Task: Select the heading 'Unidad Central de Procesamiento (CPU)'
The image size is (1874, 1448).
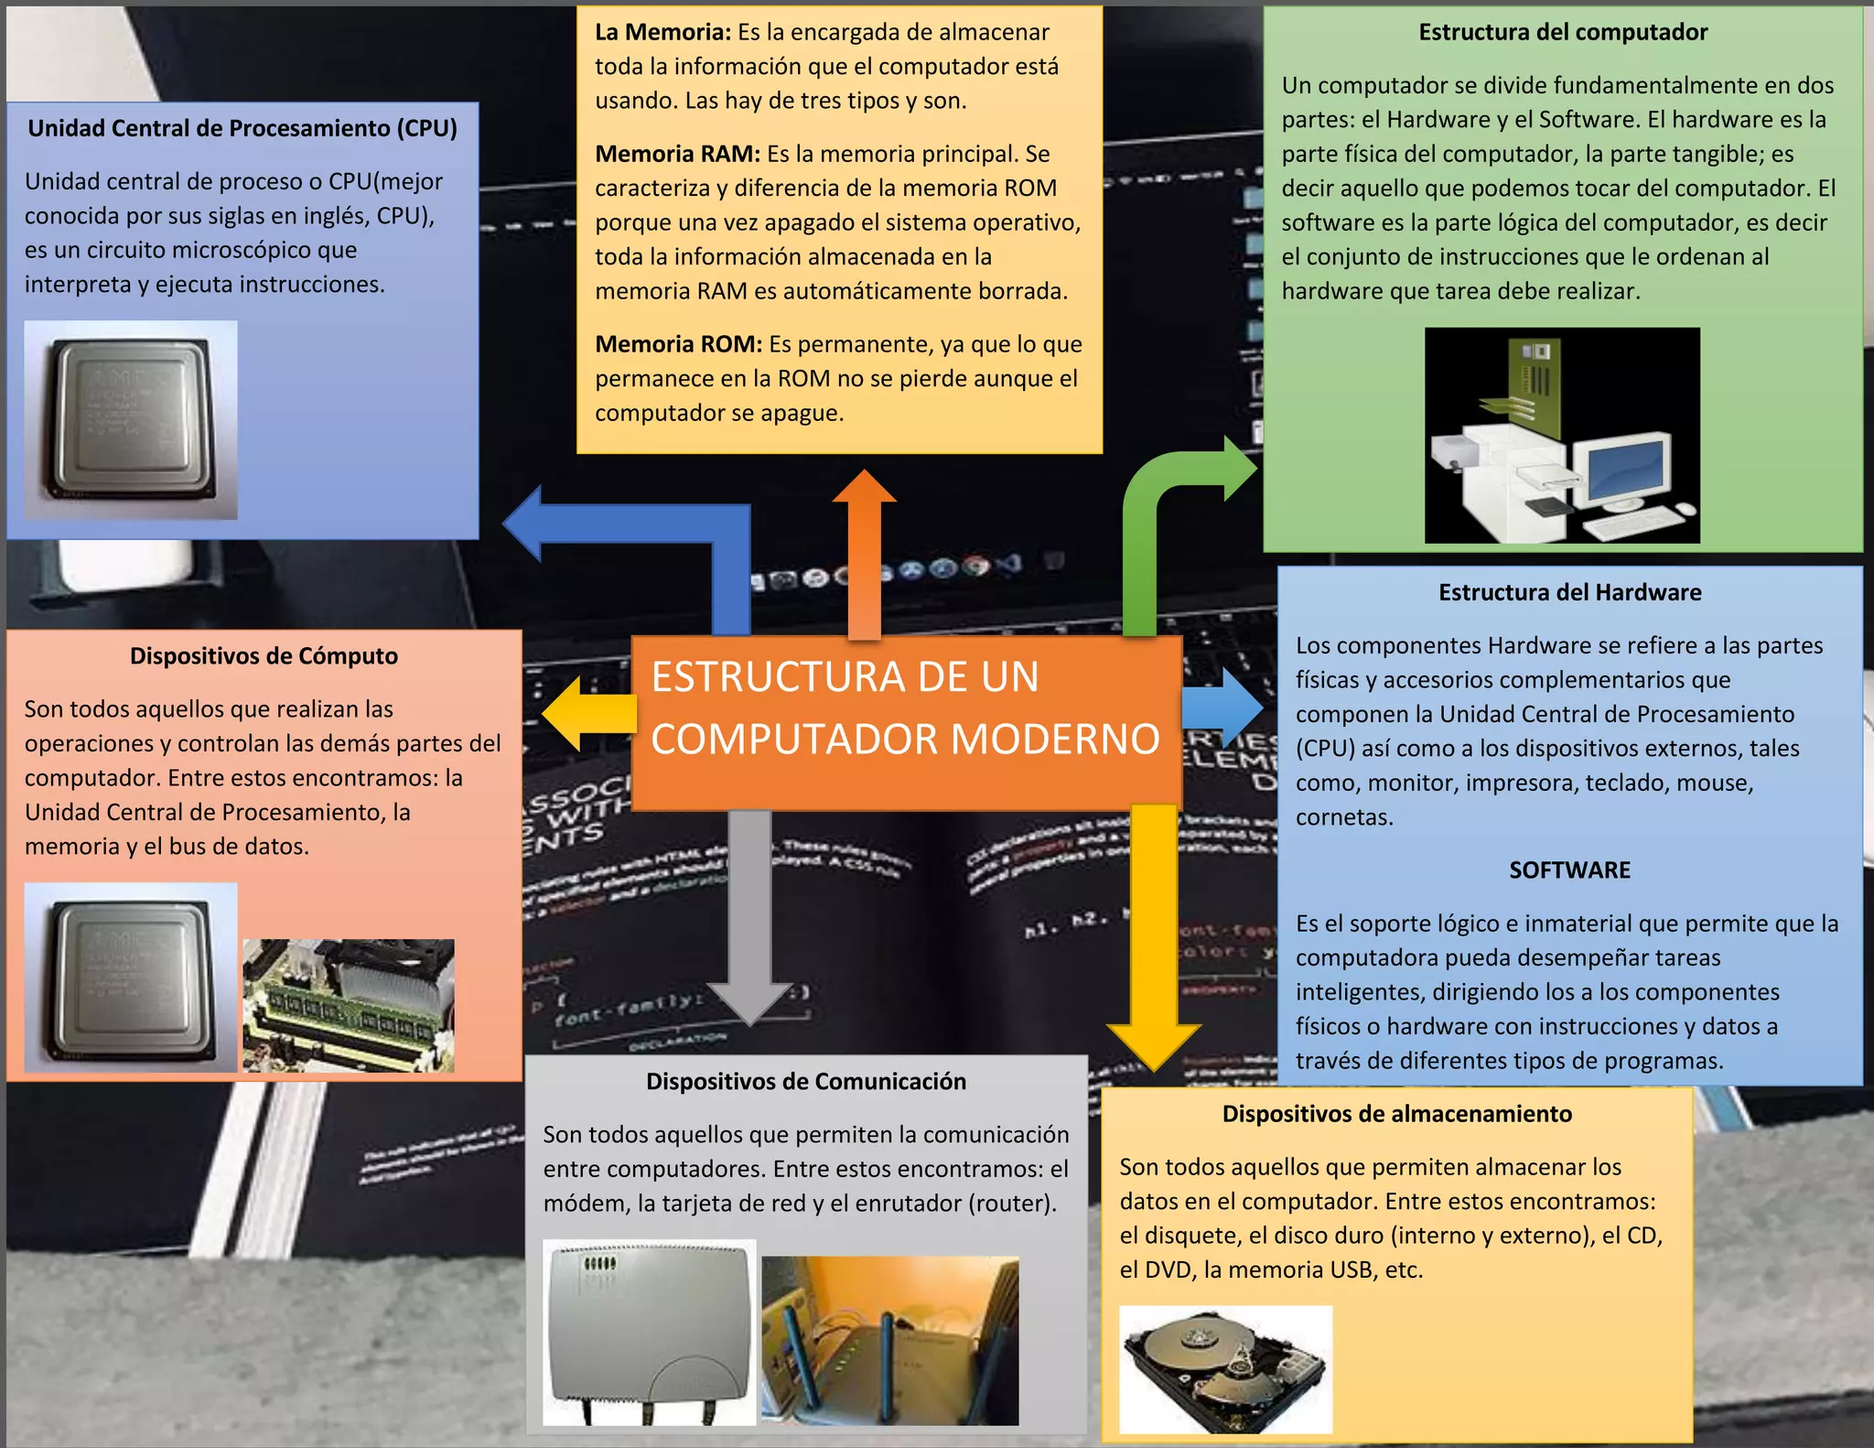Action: tap(242, 128)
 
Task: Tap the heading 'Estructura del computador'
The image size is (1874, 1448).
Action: tap(1563, 32)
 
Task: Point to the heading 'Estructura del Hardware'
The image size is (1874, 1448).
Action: tap(1569, 592)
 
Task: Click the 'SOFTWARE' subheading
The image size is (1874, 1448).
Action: tap(1569, 870)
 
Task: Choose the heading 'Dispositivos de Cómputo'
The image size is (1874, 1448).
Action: tap(264, 655)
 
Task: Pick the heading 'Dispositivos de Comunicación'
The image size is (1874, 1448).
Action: tap(805, 1081)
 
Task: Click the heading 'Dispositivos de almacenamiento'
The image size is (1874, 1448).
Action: tap(1396, 1113)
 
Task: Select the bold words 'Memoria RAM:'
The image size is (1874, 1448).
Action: tap(677, 154)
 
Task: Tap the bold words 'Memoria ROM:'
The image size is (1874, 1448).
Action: tap(678, 344)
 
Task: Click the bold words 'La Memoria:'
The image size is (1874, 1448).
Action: tap(662, 32)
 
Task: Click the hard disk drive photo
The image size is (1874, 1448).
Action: tap(1225, 1368)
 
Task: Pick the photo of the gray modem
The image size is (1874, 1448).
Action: tap(649, 1332)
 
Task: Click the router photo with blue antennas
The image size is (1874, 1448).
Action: tap(889, 1340)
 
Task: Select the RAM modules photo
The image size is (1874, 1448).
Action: tap(349, 1005)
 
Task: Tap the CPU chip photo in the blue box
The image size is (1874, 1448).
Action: tap(131, 420)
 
